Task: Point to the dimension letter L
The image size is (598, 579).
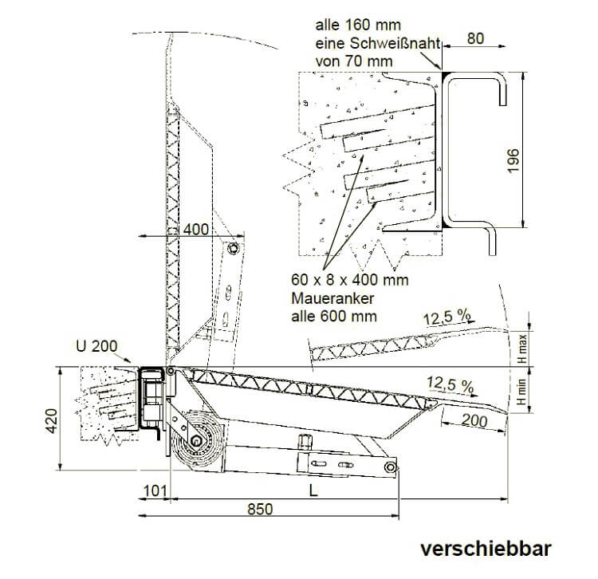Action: [x=314, y=490]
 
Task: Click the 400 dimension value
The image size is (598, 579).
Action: [x=196, y=230]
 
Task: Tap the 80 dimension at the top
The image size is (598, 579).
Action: [x=478, y=38]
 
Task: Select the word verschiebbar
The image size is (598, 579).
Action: [x=486, y=549]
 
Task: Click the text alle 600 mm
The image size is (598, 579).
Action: [x=336, y=316]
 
